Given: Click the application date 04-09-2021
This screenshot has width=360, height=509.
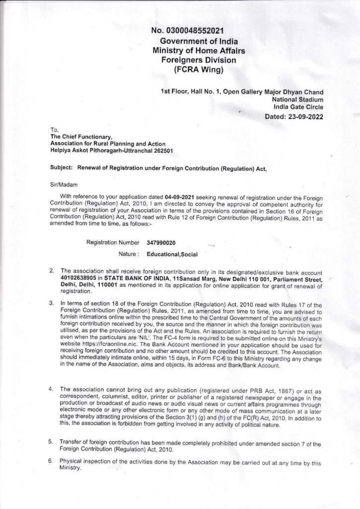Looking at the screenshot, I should pos(185,197).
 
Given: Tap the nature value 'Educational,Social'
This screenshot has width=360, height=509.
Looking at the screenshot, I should pos(173,254).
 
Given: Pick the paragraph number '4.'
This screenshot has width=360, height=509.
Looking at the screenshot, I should pos(52,388).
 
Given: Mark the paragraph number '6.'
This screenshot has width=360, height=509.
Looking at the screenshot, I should pos(51,462).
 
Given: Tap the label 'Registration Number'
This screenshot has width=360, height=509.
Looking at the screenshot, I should pos(113,243).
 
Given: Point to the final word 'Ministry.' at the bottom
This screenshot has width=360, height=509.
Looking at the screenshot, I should pos(70,468).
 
